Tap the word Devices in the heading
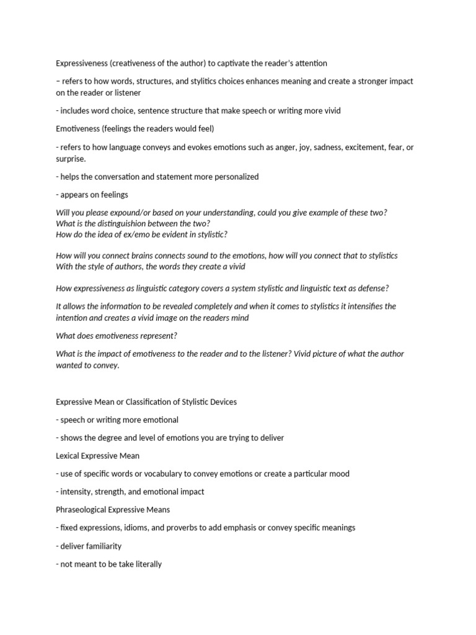pos(221,402)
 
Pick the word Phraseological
pos(84,510)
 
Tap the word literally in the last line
pos(148,564)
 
